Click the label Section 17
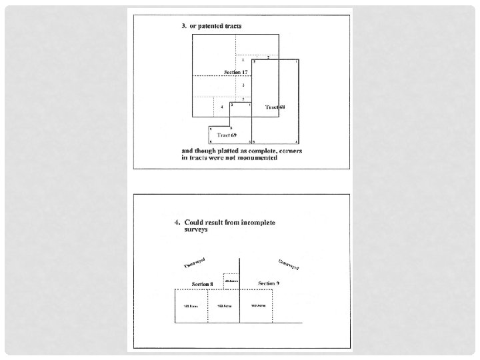click(x=235, y=71)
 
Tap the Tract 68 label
click(x=275, y=107)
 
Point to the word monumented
click(x=256, y=158)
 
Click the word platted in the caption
click(x=229, y=151)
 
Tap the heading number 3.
click(x=183, y=26)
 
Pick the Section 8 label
click(x=202, y=284)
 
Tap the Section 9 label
click(x=269, y=284)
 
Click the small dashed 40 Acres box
click(x=231, y=281)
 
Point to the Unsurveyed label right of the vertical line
click(x=288, y=264)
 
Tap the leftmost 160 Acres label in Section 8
click(x=191, y=306)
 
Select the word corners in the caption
click(x=290, y=151)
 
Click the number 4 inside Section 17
click(x=221, y=107)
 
